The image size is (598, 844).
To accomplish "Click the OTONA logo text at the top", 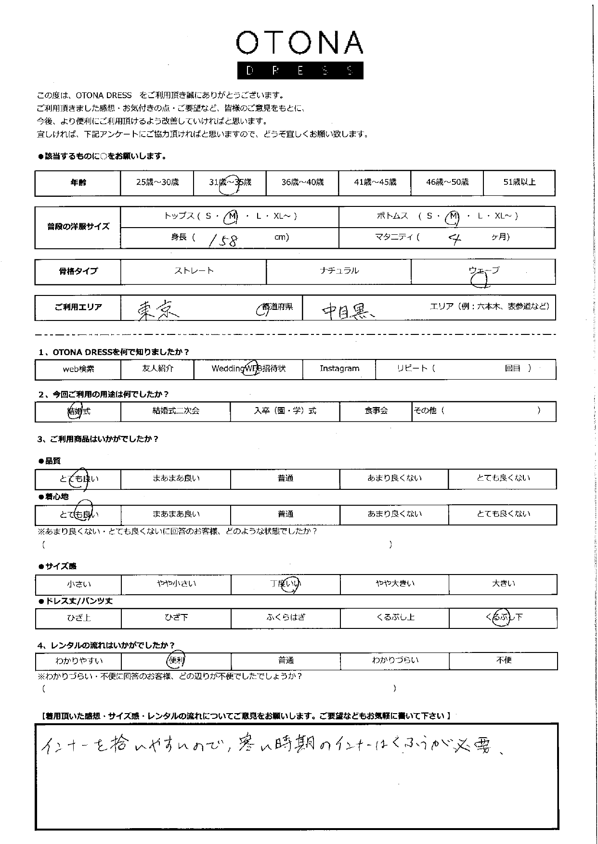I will [299, 43].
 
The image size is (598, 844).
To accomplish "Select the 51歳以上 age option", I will [519, 182].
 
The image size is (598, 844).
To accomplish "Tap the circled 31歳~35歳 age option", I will [230, 183].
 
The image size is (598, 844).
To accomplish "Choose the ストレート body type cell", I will [194, 271].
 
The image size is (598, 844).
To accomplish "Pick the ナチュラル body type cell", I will [339, 271].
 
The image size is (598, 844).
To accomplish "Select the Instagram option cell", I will [339, 369].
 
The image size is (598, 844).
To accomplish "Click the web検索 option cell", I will [78, 369].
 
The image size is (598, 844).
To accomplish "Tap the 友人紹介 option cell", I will [157, 369].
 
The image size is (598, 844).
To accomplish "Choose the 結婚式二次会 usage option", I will [176, 411].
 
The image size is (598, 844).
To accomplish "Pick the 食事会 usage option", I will [376, 411].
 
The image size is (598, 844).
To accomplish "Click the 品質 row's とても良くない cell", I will [503, 478].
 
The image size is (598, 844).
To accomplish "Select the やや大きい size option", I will [395, 584].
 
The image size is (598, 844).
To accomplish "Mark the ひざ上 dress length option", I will [79, 617].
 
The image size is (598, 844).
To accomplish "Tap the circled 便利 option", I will [176, 660].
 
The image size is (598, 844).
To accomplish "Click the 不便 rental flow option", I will [504, 660].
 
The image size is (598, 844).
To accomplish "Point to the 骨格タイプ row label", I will [78, 271].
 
